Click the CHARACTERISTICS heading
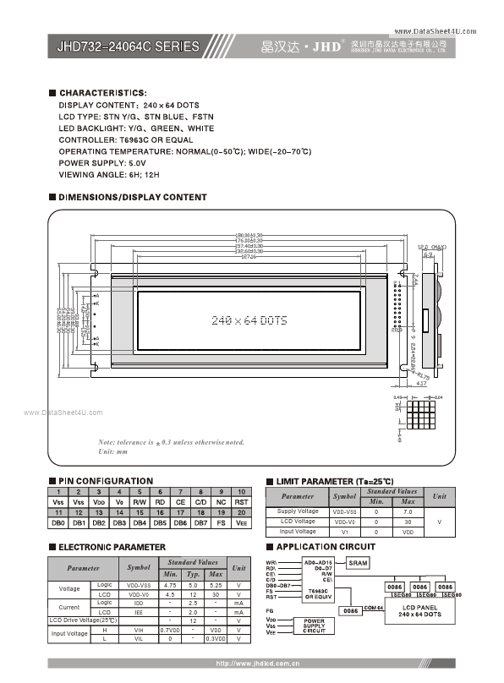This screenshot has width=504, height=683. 103,92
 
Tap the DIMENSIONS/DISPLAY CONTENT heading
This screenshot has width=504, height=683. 132,197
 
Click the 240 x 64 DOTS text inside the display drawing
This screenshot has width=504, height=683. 248,320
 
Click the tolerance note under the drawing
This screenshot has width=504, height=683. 171,442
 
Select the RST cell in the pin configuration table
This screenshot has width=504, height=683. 241,502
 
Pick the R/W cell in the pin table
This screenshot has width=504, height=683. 139,502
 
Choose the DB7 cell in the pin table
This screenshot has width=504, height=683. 200,523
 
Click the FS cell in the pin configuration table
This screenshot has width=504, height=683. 221,523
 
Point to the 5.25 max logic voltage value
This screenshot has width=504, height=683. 216,584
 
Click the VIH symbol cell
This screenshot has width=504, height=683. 140,629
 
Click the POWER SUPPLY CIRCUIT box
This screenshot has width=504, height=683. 314,626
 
